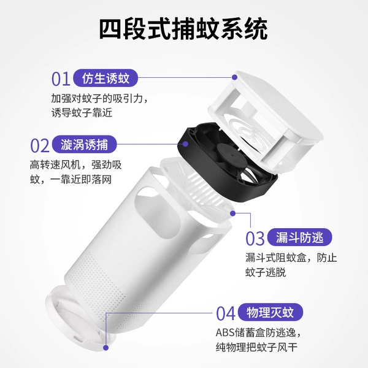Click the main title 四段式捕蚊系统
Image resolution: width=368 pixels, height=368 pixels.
(183, 29)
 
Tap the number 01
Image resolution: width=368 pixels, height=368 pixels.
(61, 79)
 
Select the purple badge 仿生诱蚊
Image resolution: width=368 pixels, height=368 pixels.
(105, 78)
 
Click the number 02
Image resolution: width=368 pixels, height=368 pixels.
(40, 145)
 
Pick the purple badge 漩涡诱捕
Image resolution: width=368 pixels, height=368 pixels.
(84, 144)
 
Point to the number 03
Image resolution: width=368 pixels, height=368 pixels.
(255, 239)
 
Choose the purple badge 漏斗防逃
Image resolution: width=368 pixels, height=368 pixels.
(300, 237)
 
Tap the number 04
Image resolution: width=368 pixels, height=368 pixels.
(226, 313)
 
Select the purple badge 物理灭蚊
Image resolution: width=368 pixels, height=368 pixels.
(270, 312)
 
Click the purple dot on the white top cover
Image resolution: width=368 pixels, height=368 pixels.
(234, 77)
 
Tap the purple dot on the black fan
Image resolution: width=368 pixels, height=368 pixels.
(185, 144)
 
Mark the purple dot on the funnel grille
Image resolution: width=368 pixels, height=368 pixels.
(233, 213)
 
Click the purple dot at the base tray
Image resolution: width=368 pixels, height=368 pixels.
(106, 348)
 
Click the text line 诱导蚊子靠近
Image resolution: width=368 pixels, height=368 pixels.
(82, 113)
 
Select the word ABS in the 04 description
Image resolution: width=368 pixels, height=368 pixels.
(225, 332)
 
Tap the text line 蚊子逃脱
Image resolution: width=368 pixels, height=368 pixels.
(266, 272)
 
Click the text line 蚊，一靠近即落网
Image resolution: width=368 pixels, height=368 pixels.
(71, 180)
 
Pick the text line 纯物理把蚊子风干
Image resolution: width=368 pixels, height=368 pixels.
(256, 347)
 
